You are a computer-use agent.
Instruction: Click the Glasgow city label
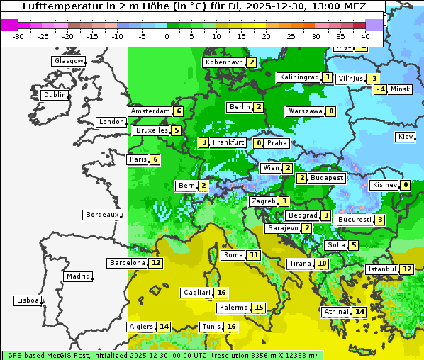(x=68, y=61)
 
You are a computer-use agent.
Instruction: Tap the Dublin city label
(x=54, y=95)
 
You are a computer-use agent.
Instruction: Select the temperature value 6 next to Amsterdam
(x=179, y=111)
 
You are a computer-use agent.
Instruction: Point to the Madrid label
(x=77, y=276)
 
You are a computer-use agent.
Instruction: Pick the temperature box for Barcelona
(x=156, y=263)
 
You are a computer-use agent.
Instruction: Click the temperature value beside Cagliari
(x=221, y=293)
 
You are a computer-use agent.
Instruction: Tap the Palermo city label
(x=233, y=308)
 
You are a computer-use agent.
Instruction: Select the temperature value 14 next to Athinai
(x=359, y=312)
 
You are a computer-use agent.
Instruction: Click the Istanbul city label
(x=381, y=269)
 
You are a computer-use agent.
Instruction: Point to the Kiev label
(x=406, y=137)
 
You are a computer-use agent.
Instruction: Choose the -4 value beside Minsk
(x=381, y=89)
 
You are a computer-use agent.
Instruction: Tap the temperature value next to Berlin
(x=259, y=107)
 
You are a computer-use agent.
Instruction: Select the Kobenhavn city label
(x=224, y=62)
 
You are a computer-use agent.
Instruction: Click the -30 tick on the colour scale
(x=18, y=36)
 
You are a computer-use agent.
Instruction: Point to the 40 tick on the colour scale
(x=366, y=36)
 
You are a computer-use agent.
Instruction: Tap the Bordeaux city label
(x=102, y=215)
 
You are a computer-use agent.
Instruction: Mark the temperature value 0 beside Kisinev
(x=405, y=186)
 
